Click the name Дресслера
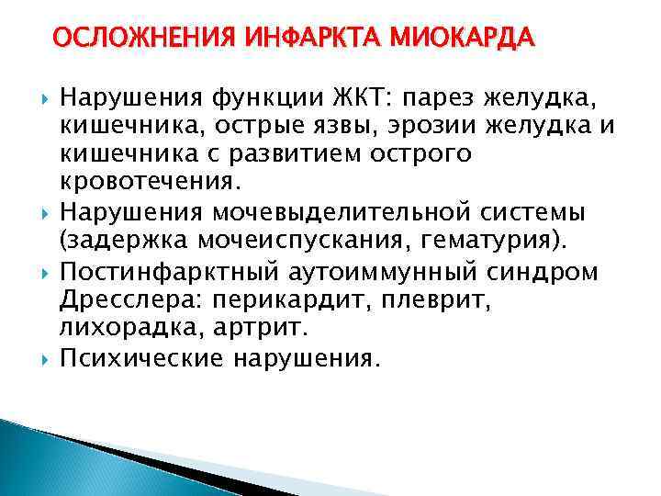tap(123, 300)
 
